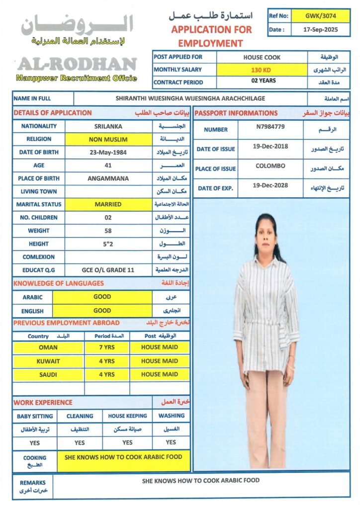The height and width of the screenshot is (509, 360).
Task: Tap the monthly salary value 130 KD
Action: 262,70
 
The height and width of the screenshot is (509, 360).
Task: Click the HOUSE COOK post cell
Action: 262,57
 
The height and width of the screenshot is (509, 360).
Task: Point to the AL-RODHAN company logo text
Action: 77,64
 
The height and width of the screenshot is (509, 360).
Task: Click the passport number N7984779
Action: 270,127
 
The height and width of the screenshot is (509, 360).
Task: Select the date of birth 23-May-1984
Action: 108,152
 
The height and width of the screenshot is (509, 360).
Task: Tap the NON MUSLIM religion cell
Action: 108,140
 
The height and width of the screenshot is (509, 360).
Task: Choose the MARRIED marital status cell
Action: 108,204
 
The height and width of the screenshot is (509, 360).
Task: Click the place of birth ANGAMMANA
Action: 108,178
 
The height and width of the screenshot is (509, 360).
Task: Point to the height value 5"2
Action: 108,244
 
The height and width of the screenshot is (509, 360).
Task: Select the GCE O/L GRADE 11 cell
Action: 108,270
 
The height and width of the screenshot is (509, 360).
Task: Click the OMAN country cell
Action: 48,347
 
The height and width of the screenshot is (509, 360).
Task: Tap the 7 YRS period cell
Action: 106,347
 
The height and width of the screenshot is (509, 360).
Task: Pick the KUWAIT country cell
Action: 48,361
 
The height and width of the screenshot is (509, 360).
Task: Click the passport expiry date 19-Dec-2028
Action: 270,186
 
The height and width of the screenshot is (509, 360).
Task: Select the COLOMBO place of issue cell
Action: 270,166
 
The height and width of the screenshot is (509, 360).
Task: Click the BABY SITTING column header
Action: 34,416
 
